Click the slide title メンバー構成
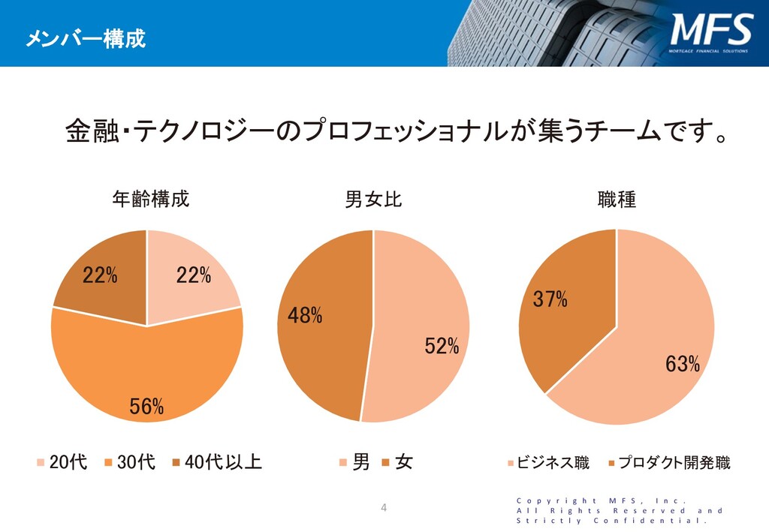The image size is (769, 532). (85, 38)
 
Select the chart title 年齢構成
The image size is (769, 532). (150, 200)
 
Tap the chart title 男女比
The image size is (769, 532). (373, 200)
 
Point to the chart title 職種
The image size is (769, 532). (617, 200)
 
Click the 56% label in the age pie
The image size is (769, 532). (146, 407)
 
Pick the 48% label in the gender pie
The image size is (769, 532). (305, 316)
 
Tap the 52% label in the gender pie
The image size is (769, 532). (442, 346)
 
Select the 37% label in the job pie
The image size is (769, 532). (550, 299)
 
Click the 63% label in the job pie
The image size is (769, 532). (683, 365)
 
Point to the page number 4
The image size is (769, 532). (384, 508)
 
